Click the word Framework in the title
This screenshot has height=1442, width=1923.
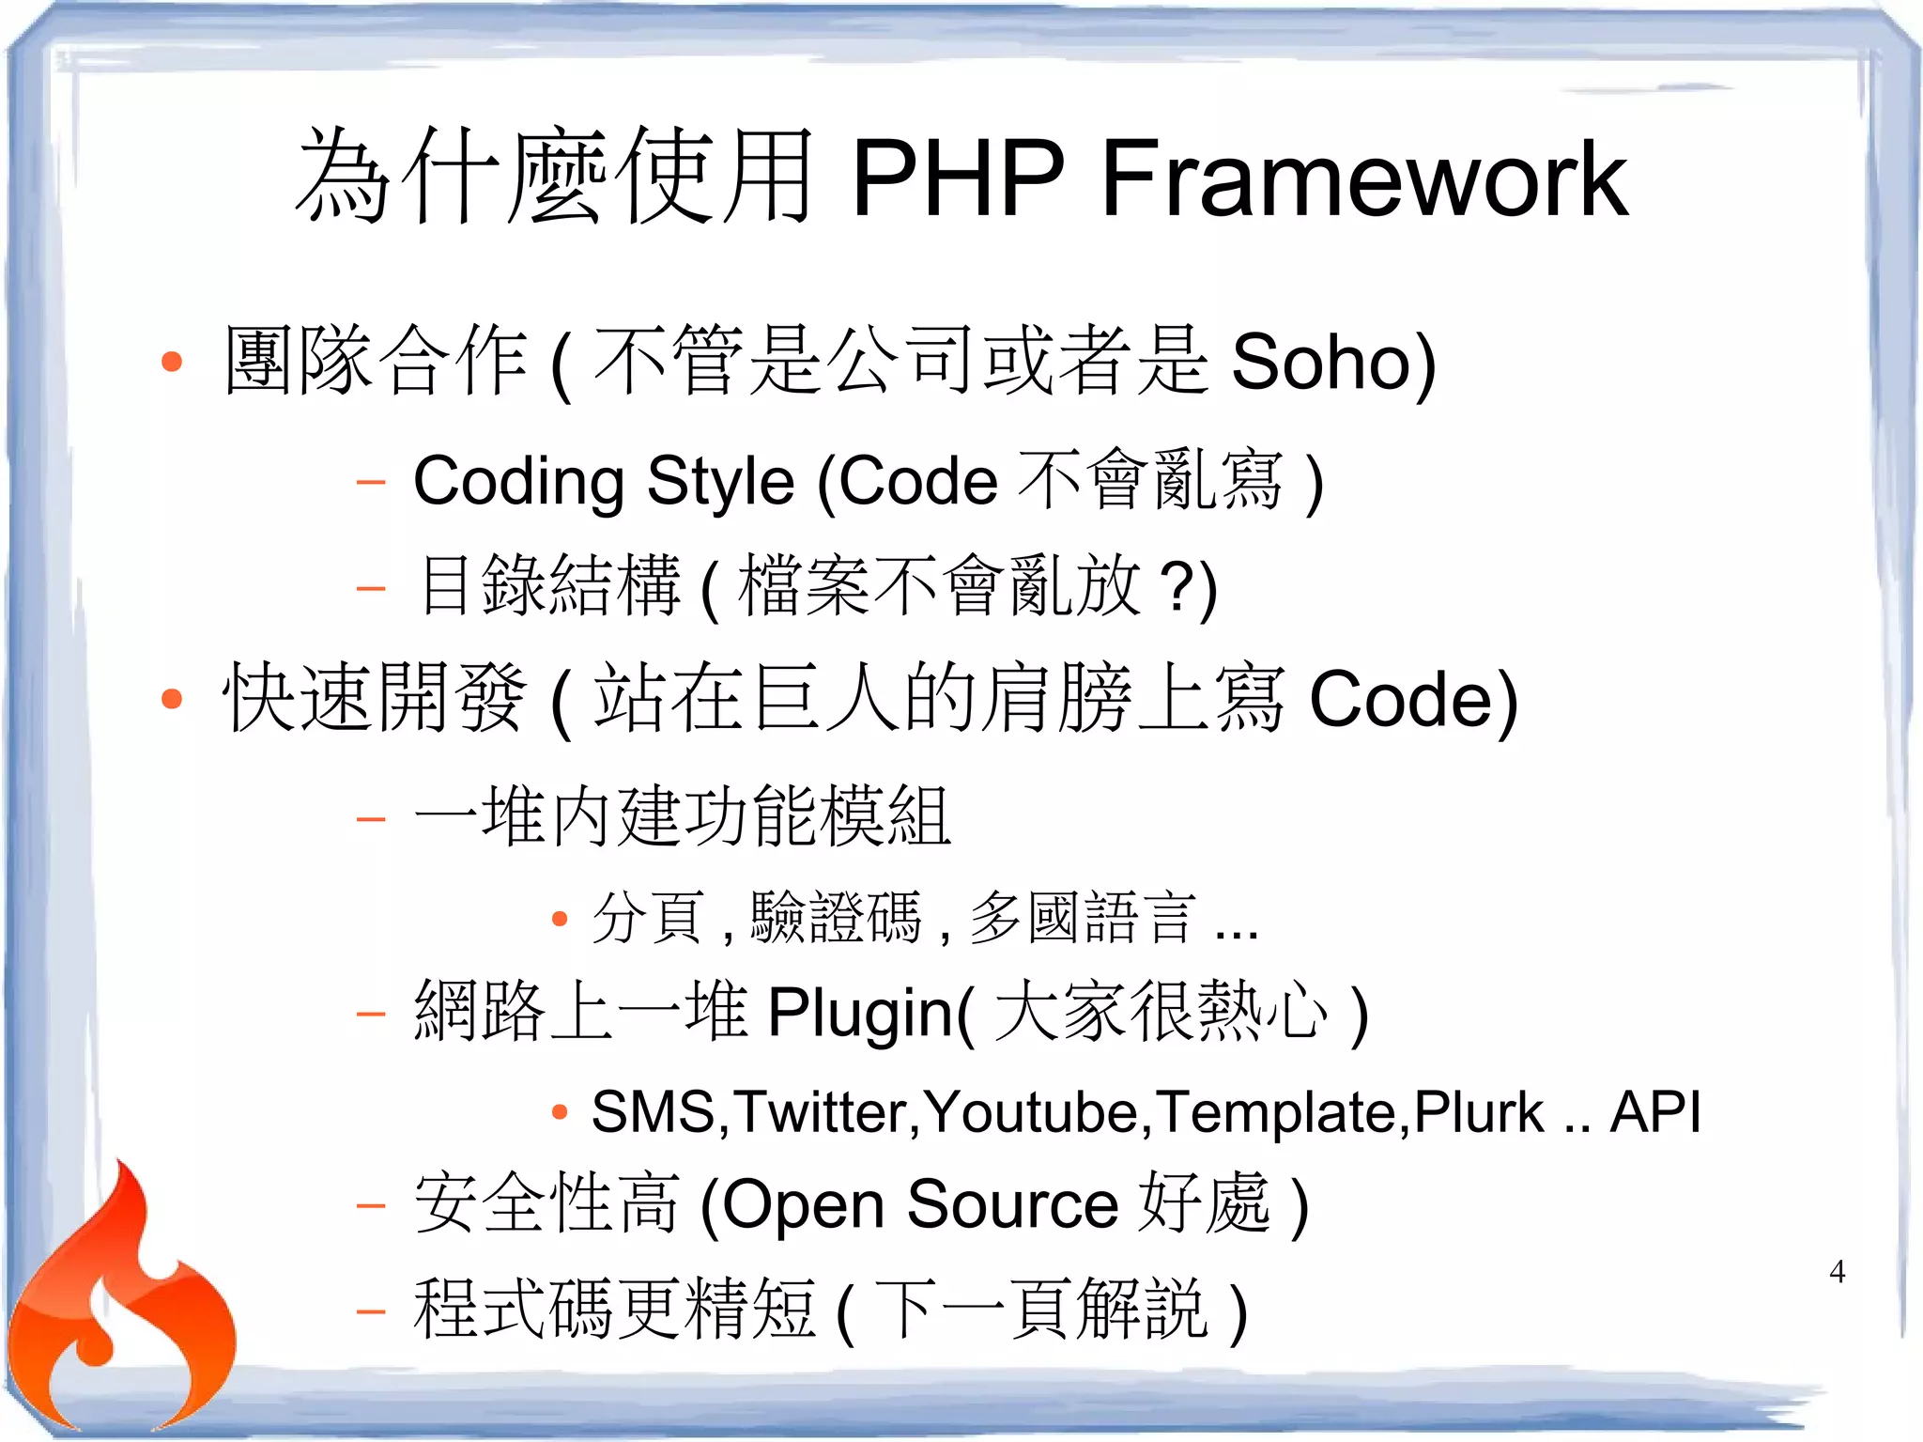(1363, 178)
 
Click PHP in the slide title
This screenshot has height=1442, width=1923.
(958, 178)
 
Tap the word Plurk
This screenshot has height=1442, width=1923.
(1478, 1112)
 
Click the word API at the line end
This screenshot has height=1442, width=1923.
(1654, 1112)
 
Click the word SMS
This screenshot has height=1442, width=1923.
(653, 1112)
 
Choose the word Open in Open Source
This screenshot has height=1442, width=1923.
(803, 1206)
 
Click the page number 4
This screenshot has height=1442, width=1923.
(1837, 1272)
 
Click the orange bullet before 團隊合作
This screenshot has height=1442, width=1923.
(171, 362)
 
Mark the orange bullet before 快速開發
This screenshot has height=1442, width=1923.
(171, 698)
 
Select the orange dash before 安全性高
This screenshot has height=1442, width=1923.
(371, 1204)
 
